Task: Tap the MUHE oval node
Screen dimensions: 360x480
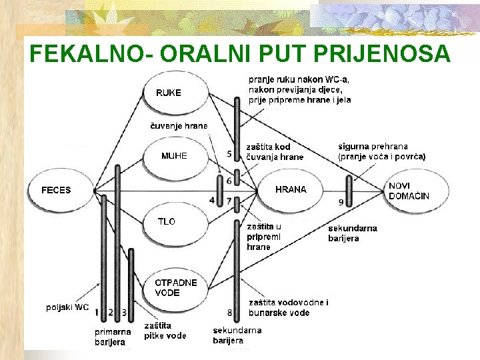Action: pos(175,157)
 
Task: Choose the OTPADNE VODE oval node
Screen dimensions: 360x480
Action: pos(177,288)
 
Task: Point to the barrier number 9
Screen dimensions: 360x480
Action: pos(341,201)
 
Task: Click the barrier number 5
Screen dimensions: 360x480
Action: pos(229,154)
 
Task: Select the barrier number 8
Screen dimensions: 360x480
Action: pos(230,312)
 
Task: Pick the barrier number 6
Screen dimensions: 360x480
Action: pos(229,181)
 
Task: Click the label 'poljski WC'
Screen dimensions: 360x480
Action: pos(67,307)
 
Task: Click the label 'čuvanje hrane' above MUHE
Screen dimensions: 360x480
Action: pos(178,125)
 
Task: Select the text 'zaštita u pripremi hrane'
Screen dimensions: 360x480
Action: pos(264,237)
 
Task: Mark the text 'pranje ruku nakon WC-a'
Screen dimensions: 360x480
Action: pos(299,79)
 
